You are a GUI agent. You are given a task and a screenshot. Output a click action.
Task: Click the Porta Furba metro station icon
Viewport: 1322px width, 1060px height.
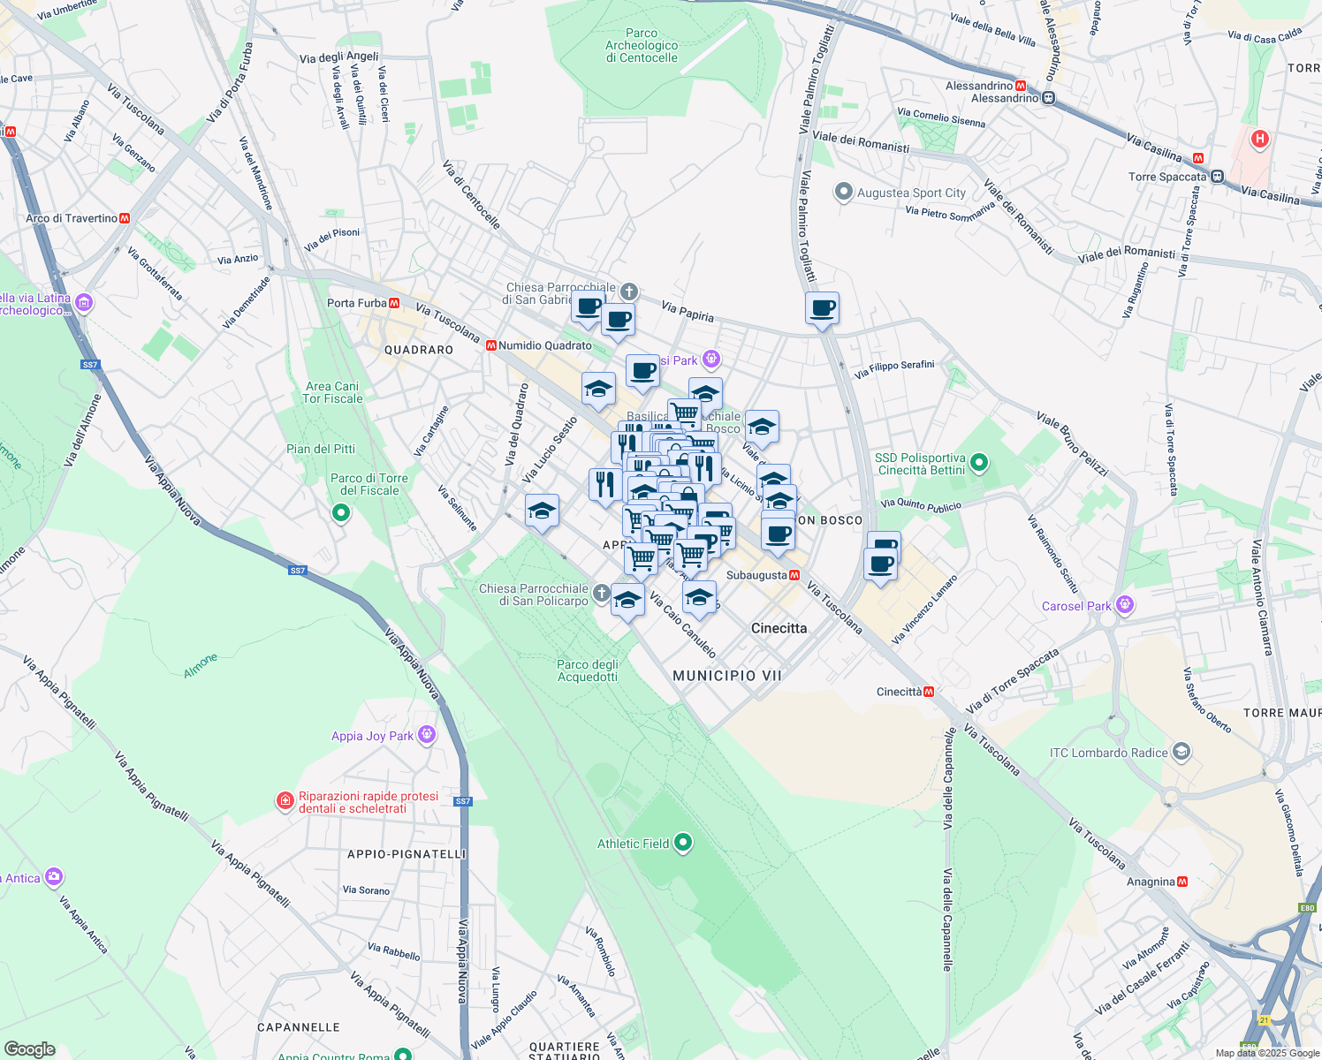coord(394,303)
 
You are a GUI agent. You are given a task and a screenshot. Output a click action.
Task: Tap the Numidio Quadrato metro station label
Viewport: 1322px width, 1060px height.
coord(544,345)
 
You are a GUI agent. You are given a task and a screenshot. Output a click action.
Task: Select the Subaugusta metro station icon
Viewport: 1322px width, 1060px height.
coord(794,575)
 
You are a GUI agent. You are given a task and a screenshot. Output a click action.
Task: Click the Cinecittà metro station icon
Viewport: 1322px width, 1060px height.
coord(929,692)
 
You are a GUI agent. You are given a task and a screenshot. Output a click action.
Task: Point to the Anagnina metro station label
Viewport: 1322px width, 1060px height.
coord(1151,882)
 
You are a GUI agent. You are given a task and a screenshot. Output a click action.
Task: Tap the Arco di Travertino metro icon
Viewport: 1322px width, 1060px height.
coord(125,218)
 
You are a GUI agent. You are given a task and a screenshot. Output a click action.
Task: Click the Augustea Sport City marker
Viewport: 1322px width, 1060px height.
coord(844,192)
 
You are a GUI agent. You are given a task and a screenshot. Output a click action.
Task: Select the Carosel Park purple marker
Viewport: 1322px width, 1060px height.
coord(1124,605)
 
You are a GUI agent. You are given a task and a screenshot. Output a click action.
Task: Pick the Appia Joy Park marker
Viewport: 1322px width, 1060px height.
coord(427,735)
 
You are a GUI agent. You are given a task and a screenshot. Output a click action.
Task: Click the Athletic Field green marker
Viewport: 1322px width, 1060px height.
coord(682,843)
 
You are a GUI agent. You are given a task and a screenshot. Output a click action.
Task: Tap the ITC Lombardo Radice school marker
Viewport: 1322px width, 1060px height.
coord(1181,753)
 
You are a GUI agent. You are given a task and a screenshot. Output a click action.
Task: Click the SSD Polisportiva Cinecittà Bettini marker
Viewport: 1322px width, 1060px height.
coord(978,463)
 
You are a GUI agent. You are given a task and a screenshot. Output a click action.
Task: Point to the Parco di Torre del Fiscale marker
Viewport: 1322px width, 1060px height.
coord(341,512)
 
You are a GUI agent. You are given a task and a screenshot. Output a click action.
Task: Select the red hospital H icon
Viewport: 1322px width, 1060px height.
coord(1260,139)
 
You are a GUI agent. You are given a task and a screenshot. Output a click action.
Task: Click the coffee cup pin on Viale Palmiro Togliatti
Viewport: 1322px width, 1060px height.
coord(822,309)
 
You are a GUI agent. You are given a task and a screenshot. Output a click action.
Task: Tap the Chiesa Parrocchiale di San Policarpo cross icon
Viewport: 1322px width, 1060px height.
coord(602,594)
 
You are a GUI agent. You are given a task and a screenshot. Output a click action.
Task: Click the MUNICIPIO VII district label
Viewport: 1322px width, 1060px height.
coord(727,676)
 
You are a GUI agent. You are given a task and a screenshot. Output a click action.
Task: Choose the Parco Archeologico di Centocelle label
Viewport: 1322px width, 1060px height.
coord(642,46)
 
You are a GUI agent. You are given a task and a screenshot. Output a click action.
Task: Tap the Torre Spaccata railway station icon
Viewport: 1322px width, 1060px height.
coord(1217,177)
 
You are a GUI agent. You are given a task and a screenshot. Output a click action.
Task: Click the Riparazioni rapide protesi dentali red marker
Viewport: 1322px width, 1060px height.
coord(285,801)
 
